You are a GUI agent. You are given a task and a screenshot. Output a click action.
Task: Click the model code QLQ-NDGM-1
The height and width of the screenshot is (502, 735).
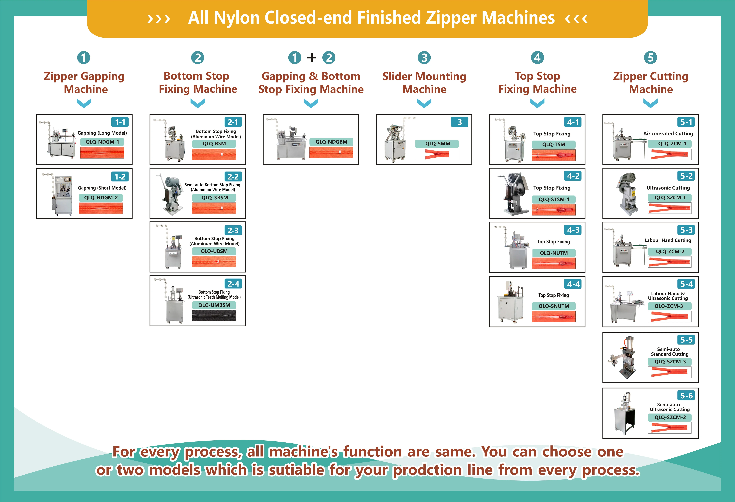pyautogui.click(x=102, y=142)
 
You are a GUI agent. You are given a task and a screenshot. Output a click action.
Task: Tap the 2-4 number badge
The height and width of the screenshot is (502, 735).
pyautogui.click(x=233, y=284)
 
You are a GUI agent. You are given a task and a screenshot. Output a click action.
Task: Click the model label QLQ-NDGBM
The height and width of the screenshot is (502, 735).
pyautogui.click(x=331, y=142)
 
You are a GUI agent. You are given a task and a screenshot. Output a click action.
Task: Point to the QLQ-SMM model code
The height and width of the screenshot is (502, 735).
pyautogui.click(x=437, y=144)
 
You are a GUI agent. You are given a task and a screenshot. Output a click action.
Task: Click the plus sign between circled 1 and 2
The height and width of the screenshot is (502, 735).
pyautogui.click(x=312, y=58)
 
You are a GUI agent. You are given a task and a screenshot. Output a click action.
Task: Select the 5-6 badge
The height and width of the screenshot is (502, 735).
pyautogui.click(x=686, y=395)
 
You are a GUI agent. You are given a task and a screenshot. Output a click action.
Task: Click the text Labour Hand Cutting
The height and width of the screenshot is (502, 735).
pyautogui.click(x=668, y=240)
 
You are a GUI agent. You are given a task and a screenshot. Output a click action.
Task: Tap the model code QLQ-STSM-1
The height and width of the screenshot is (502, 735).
pyautogui.click(x=554, y=199)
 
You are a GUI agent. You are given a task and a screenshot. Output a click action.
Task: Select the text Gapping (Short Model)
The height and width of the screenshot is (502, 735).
pyautogui.click(x=102, y=188)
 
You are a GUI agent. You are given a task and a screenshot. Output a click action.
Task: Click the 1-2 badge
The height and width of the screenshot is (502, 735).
pyautogui.click(x=120, y=176)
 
